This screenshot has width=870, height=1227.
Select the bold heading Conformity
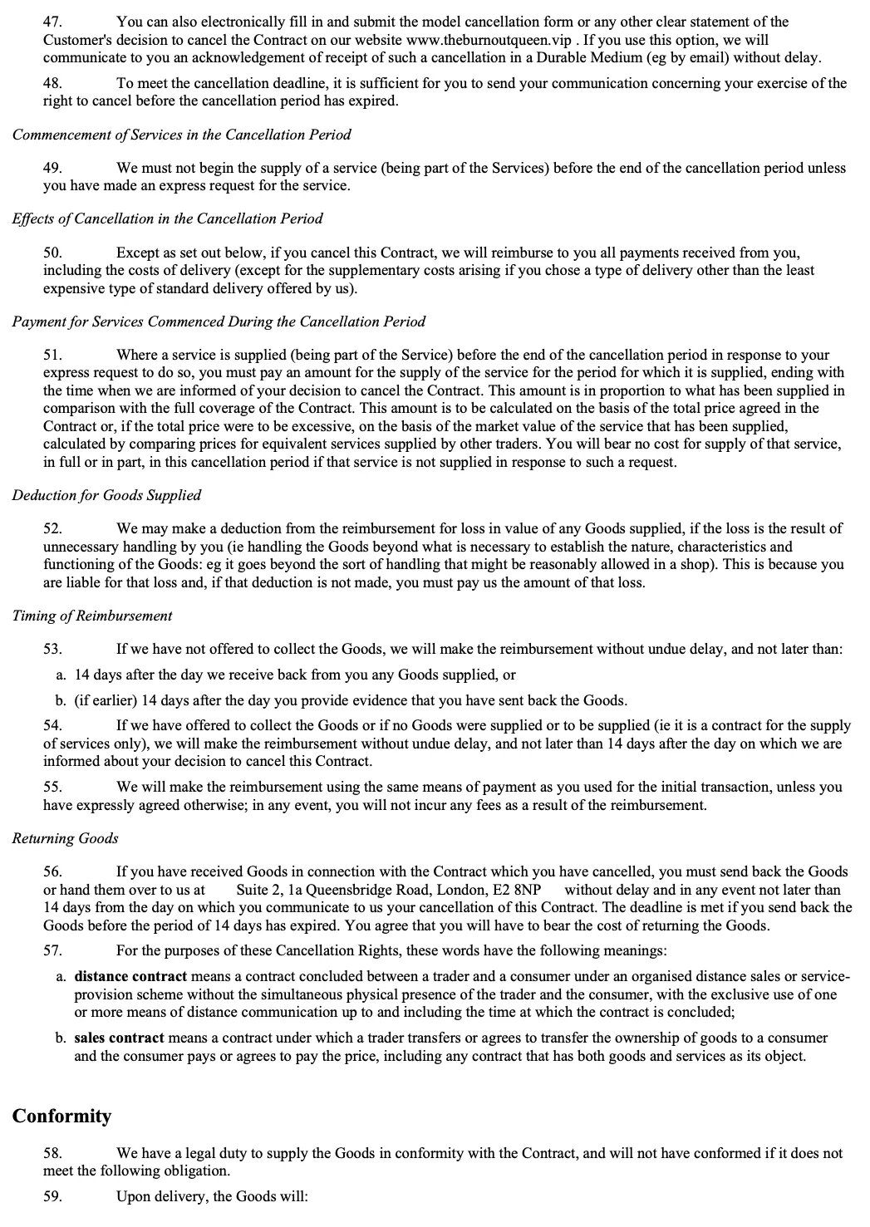tap(61, 1116)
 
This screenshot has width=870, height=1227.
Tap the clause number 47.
tap(52, 22)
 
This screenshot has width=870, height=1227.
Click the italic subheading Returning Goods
tap(65, 838)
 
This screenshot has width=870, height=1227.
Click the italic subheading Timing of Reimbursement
tap(92, 616)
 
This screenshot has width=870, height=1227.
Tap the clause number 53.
tap(52, 649)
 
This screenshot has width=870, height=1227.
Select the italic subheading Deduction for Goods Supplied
tap(106, 495)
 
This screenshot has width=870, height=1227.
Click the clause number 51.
tap(52, 355)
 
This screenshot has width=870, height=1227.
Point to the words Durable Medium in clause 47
tap(632, 58)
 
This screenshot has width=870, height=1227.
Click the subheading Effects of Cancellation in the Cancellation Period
tap(167, 218)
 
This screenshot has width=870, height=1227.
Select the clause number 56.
tap(52, 871)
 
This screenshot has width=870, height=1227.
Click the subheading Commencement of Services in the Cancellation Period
tap(181, 135)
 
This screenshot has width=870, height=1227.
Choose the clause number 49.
tap(52, 168)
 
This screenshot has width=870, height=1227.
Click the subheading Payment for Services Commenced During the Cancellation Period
tap(219, 321)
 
